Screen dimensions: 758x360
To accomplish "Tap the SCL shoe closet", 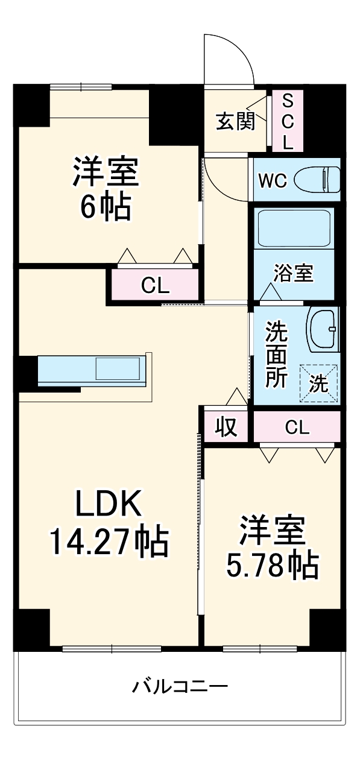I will pos(288,121).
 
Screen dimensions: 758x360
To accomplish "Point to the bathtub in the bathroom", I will pos(294,228).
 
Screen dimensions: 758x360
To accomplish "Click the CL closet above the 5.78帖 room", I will pos(297,427).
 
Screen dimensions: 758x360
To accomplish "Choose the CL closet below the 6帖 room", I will pos(154,285).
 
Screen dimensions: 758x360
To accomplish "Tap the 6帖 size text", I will pos(106,206).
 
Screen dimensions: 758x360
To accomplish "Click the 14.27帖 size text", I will pos(108,541).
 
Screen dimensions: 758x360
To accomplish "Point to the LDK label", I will pos(108,504).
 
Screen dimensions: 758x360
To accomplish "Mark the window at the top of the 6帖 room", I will pos(81,86).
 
